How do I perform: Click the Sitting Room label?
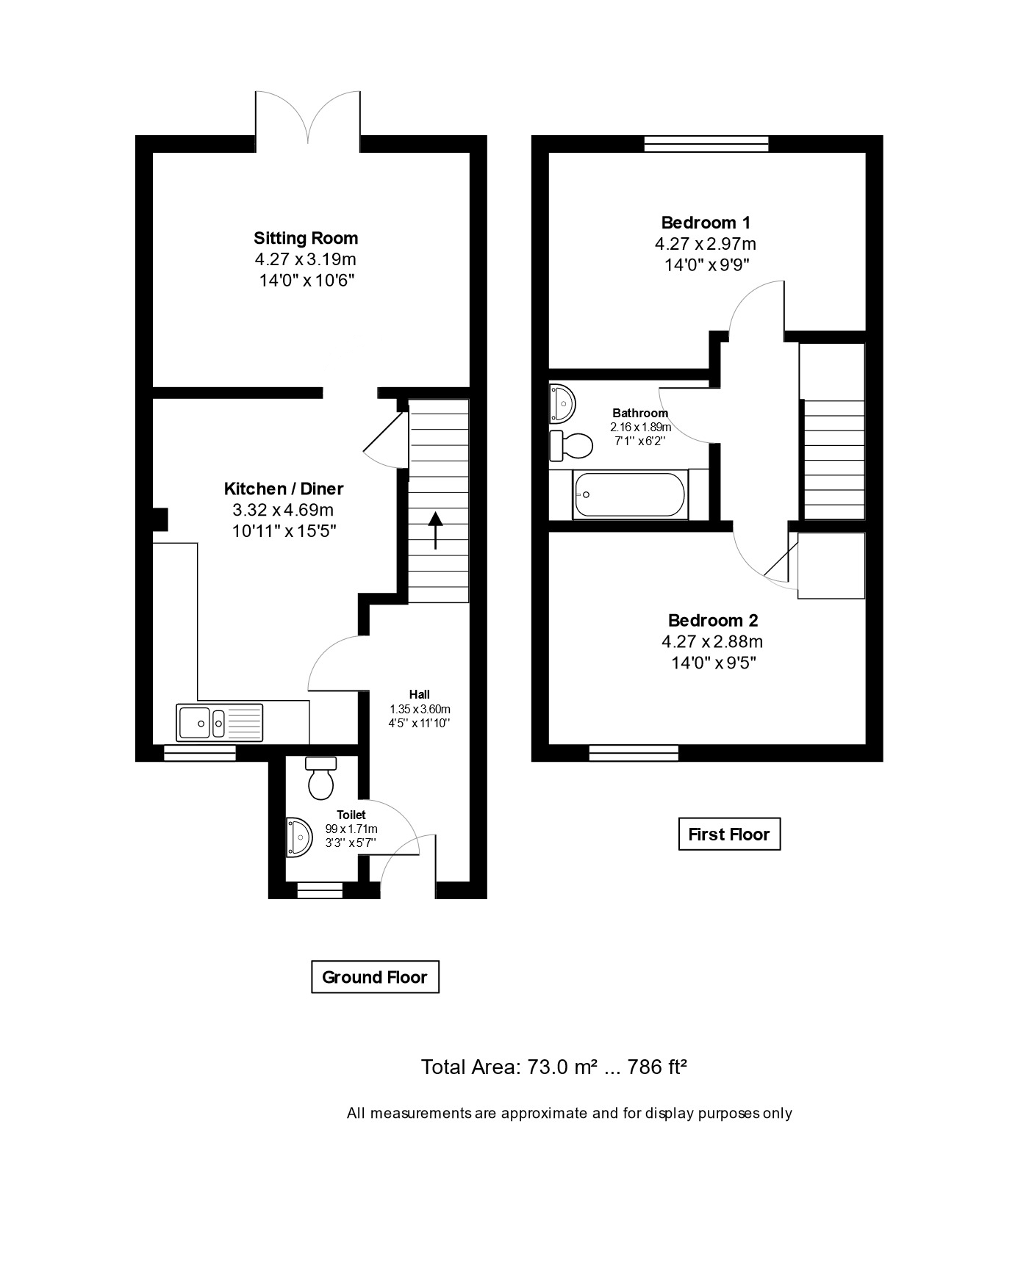306,238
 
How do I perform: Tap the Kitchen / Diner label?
284,489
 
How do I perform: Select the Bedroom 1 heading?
706,223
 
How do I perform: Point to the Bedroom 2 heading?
713,621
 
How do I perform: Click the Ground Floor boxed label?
375,977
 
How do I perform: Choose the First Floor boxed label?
729,835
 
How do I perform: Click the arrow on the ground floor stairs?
435,530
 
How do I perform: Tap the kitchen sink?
220,721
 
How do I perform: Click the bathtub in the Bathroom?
630,494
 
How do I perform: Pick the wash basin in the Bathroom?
562,403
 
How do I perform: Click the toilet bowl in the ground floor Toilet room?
321,779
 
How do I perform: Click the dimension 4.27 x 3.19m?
306,259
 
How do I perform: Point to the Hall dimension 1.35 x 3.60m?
420,709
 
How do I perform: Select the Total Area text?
553,1067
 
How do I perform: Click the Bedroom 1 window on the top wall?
706,144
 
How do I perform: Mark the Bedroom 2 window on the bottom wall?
634,752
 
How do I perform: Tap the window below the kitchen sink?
200,752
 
